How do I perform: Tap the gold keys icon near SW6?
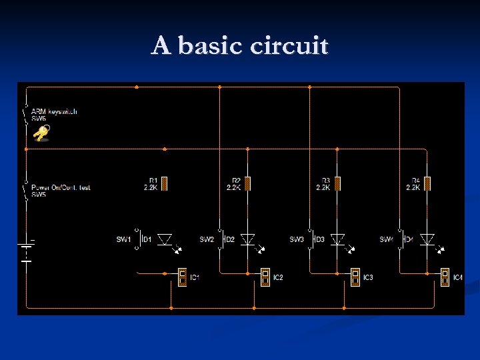[x=41, y=135]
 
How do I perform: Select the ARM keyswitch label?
[x=54, y=111]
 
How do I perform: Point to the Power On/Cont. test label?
[x=61, y=187]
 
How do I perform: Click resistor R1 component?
[x=165, y=183]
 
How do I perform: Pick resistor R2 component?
[x=247, y=183]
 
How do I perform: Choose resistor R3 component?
[x=337, y=183]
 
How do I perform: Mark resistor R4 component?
[x=427, y=183]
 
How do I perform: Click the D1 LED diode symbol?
[x=165, y=239]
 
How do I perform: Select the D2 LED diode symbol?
[x=247, y=239]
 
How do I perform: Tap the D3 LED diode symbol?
[x=337, y=239]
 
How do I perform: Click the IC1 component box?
[x=182, y=277]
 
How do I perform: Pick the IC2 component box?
[x=265, y=277]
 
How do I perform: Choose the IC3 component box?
[x=355, y=277]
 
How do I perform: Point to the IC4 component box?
[x=445, y=277]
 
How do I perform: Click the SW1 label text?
[x=123, y=239]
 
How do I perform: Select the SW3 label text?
[x=297, y=239]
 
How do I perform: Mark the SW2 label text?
[x=207, y=239]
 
